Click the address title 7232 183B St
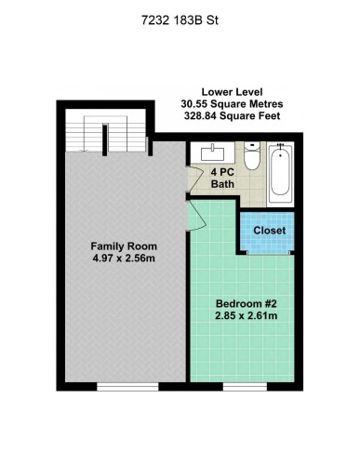(x=180, y=18)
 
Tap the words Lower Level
(x=231, y=92)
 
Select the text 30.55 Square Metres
(x=231, y=104)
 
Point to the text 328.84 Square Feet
(x=231, y=117)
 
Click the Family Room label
(x=121, y=246)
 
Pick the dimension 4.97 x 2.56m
(x=122, y=259)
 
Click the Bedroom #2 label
(x=247, y=304)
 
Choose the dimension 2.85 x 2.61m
(x=247, y=317)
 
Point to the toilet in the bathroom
(x=250, y=157)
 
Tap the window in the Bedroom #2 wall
(x=247, y=383)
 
